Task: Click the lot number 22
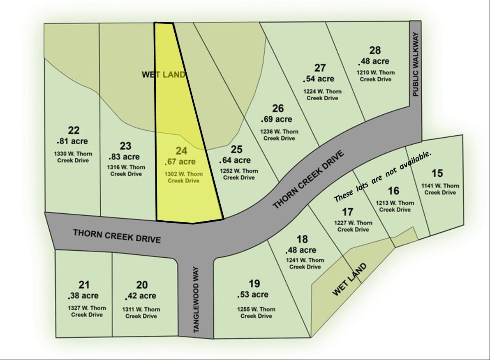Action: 74,131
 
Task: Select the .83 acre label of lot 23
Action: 124,157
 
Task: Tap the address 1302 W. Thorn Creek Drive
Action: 184,177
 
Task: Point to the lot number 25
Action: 236,150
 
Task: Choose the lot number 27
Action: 320,68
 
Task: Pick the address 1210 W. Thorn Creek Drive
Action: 375,76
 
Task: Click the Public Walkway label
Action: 415,64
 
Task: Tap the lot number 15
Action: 437,173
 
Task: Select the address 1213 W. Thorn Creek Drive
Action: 395,206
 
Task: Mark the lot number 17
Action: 348,212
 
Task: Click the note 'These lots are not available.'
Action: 383,176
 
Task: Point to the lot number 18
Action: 302,239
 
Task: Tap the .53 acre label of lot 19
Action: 253,295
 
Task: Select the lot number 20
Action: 142,285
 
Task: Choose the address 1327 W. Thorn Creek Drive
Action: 87,312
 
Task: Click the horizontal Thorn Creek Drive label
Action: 117,236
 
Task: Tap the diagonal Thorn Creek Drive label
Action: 308,180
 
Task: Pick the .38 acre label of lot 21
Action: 83,295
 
